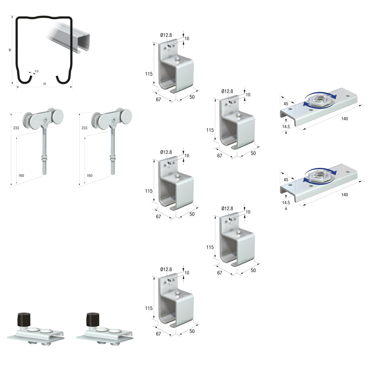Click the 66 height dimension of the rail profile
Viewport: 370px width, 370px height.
point(10,50)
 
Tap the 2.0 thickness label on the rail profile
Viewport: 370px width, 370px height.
point(37,71)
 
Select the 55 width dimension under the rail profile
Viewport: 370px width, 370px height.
point(45,84)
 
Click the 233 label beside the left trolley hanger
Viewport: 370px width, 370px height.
point(16,128)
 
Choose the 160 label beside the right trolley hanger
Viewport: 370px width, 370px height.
point(90,175)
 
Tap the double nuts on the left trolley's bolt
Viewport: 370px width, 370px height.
point(44,157)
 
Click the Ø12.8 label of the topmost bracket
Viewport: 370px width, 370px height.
point(166,35)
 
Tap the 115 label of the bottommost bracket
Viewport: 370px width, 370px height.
point(149,308)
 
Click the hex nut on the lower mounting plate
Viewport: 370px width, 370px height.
point(319,175)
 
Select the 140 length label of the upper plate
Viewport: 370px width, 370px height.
point(344,119)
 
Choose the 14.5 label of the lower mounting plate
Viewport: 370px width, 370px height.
point(286,202)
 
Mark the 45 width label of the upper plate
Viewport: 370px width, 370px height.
point(286,104)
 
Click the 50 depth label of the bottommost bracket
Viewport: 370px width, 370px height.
point(192,331)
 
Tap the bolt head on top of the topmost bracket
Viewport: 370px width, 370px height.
point(176,59)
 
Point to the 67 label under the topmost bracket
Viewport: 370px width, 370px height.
point(158,100)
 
